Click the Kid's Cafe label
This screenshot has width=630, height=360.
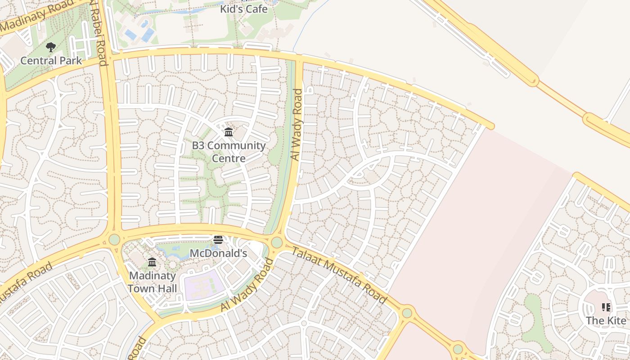pyautogui.click(x=243, y=9)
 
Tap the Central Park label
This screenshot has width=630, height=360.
pyautogui.click(x=51, y=60)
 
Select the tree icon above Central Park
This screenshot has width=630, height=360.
pyautogui.click(x=51, y=46)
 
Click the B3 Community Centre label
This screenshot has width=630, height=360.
pyautogui.click(x=229, y=152)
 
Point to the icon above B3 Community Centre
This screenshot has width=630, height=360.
pyautogui.click(x=229, y=132)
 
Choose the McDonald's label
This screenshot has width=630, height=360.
pyautogui.click(x=218, y=253)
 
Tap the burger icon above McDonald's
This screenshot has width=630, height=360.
pyautogui.click(x=218, y=239)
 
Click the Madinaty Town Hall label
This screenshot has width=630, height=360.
pyautogui.click(x=153, y=282)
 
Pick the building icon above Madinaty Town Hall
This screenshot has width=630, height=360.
pyautogui.click(x=152, y=262)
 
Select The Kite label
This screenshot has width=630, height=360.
pyautogui.click(x=606, y=321)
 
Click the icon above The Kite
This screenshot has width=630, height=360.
pyautogui.click(x=606, y=307)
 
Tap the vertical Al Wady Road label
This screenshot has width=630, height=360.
pyautogui.click(x=297, y=125)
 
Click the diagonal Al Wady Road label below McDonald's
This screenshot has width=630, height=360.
pyautogui.click(x=247, y=285)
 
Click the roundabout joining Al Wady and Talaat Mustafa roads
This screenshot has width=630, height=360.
pyautogui.click(x=277, y=243)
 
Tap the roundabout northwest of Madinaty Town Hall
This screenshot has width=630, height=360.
pyautogui.click(x=114, y=239)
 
